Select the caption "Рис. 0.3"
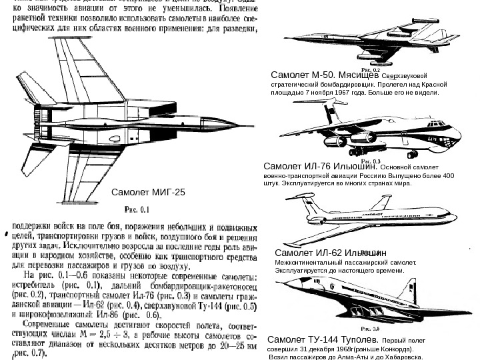[x=371, y=161]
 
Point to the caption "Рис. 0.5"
[x=371, y=328]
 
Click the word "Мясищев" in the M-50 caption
[x=358, y=75]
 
